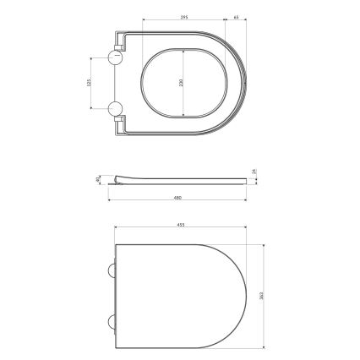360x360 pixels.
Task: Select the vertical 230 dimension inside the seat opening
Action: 180,83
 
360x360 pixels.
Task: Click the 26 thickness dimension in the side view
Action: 255,173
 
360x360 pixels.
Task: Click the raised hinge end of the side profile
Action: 116,177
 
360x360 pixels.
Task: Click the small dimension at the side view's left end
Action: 99,178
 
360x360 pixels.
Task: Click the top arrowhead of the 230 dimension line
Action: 184,49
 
